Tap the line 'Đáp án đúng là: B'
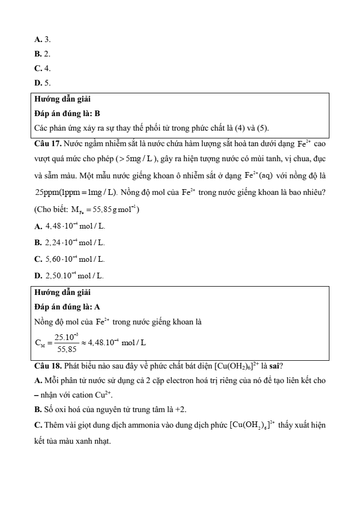pos(67,113)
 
